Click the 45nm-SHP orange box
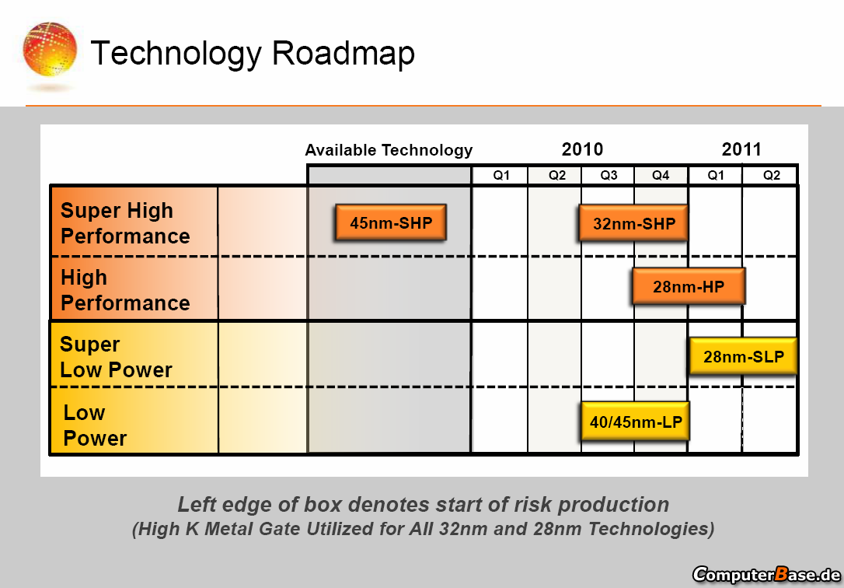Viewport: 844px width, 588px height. click(x=391, y=222)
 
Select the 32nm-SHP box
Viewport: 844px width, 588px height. click(x=633, y=223)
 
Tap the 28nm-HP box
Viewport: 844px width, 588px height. click(x=689, y=286)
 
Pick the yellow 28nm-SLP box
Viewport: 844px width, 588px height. click(x=743, y=356)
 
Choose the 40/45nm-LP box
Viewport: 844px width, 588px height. click(x=635, y=422)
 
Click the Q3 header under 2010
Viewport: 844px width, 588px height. click(x=609, y=176)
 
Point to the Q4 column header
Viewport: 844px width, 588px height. click(x=661, y=176)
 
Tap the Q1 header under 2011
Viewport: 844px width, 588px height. click(x=715, y=176)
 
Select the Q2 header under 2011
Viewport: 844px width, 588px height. click(x=771, y=176)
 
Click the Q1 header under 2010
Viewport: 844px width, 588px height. click(x=501, y=176)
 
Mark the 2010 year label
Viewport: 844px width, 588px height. click(x=582, y=149)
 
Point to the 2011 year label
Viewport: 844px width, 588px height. click(x=741, y=149)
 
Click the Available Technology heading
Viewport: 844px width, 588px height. click(x=389, y=150)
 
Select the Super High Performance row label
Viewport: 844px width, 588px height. click(x=125, y=223)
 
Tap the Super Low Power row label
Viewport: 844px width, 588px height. click(x=116, y=356)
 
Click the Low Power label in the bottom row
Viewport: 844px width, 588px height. click(x=95, y=425)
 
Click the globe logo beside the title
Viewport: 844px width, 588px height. click(x=50, y=49)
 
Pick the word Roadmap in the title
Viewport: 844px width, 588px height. click(x=344, y=53)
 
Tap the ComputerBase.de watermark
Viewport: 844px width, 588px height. click(x=766, y=575)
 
